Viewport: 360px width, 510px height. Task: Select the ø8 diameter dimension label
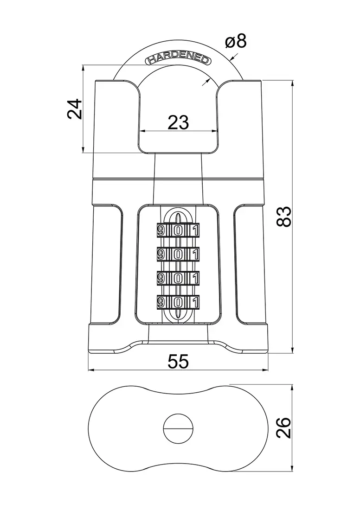tap(236, 42)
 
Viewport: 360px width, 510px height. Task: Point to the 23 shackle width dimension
tap(178, 122)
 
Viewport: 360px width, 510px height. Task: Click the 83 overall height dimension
tap(283, 217)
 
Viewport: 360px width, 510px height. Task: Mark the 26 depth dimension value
tap(283, 427)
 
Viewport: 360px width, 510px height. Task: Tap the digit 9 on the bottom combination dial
tap(161, 302)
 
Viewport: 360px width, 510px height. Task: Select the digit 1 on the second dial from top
tap(195, 254)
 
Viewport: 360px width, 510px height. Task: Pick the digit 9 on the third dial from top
tap(161, 278)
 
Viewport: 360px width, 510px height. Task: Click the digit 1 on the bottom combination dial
tap(195, 302)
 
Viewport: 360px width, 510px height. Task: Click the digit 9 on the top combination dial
tap(161, 230)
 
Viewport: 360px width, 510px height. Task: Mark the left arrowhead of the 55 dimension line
tap(91, 370)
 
